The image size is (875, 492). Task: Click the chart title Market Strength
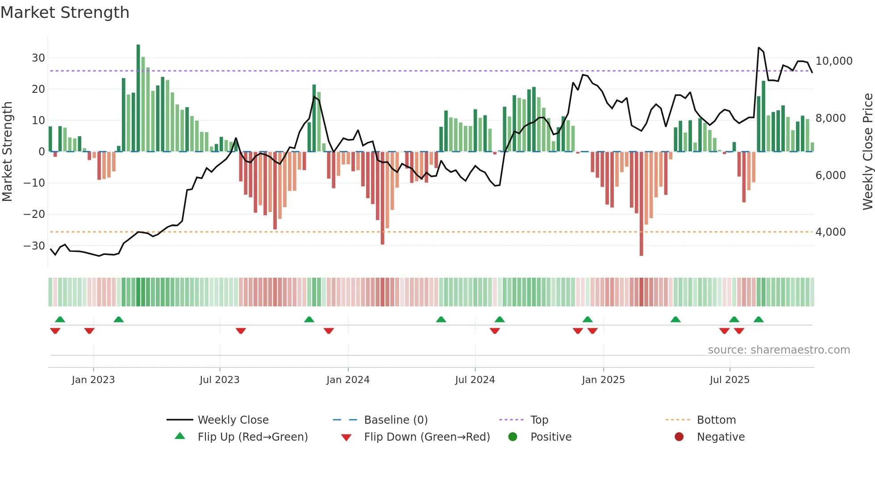65,13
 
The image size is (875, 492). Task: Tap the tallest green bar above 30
138,98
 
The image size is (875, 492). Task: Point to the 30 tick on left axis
38,58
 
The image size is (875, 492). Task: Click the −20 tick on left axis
34,214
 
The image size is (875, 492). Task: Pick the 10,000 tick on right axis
833,61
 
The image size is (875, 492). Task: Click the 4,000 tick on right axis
830,232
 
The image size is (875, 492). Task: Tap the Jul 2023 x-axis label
219,380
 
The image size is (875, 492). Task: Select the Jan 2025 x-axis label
603,380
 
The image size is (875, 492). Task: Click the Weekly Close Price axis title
867,152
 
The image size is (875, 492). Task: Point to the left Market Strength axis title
7,152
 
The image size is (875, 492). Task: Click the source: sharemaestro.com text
779,350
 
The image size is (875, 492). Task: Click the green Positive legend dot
512,437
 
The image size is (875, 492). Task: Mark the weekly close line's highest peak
758,47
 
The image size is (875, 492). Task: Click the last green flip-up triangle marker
758,319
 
